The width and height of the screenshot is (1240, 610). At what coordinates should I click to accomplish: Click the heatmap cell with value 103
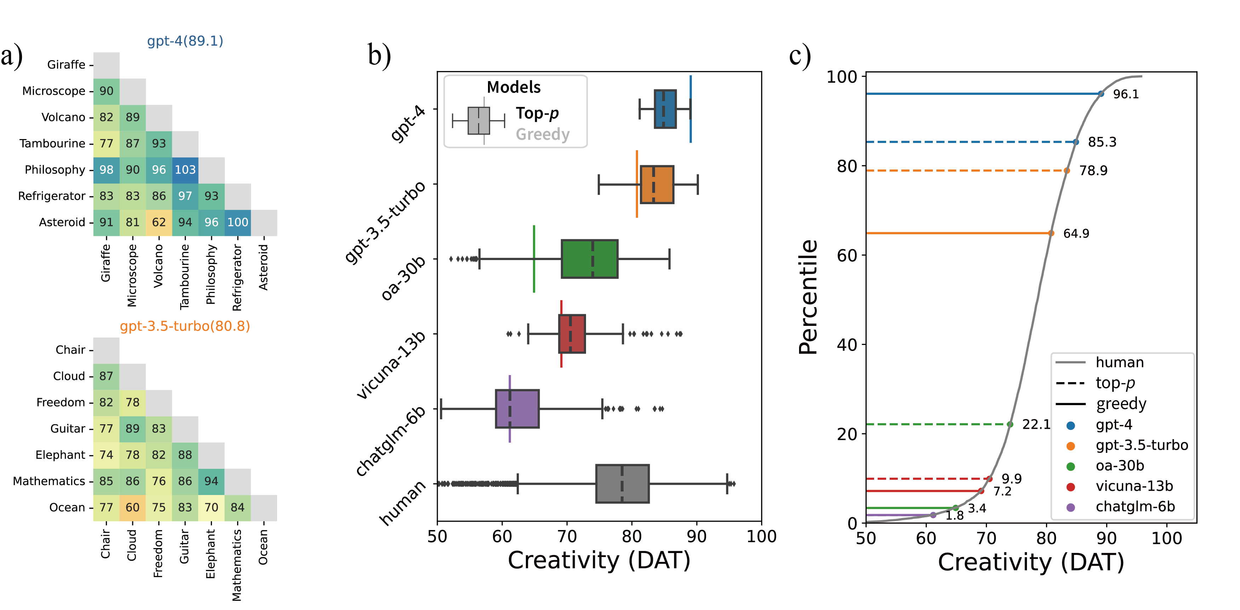pos(185,170)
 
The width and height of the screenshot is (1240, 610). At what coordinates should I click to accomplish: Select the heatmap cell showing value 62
pos(159,223)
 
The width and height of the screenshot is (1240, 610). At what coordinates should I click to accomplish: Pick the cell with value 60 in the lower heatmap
pos(132,507)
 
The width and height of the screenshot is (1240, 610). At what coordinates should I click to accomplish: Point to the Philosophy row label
pos(54,170)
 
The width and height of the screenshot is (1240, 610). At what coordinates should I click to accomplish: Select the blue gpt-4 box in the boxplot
pos(665,109)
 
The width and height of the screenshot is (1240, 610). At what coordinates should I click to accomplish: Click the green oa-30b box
pos(589,259)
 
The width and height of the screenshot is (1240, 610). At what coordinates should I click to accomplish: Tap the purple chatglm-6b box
pos(517,409)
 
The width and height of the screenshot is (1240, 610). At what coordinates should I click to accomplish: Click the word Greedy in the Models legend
pos(542,134)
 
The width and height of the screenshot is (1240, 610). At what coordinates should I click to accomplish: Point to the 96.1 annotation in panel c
pos(1126,94)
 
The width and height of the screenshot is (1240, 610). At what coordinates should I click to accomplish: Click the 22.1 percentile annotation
pos(1036,424)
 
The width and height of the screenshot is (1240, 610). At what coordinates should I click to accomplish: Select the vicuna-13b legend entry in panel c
pos(1133,486)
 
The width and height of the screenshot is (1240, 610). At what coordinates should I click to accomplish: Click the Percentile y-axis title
pos(808,297)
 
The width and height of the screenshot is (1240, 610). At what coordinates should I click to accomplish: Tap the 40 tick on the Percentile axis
pos(847,345)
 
